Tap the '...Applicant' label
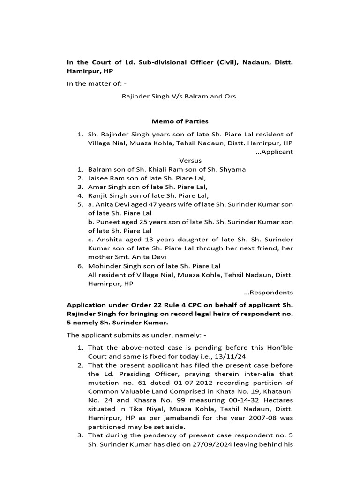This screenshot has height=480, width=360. pos(275,151)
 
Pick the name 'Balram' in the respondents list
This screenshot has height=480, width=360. pos(98,169)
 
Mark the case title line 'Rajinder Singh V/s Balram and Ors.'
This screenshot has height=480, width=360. pos(180,97)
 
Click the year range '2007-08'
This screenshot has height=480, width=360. pos(251,417)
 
